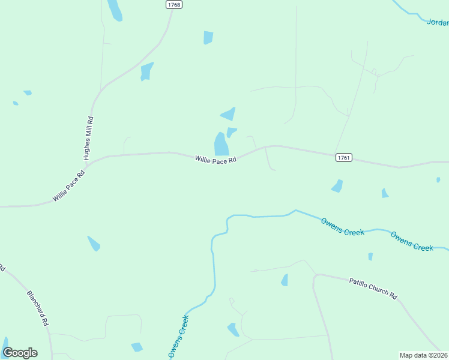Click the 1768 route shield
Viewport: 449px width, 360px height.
[173, 4]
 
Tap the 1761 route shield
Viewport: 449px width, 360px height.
[343, 157]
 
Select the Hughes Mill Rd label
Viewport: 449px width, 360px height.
[88, 137]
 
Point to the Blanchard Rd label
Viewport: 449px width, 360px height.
[37, 308]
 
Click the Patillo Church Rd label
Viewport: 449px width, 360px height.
[373, 288]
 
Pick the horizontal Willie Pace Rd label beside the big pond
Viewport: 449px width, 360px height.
[215, 160]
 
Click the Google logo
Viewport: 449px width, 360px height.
[20, 353]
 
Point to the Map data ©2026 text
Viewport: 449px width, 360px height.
[424, 355]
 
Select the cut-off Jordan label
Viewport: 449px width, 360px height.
[438, 23]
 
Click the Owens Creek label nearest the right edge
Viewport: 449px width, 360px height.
[412, 241]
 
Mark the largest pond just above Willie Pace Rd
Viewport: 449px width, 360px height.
[221, 144]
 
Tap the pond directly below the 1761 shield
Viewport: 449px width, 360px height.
[337, 186]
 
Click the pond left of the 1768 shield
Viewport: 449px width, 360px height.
[114, 10]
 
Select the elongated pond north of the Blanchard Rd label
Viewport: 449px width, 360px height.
[94, 244]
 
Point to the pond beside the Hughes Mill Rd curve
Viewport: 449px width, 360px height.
[146, 71]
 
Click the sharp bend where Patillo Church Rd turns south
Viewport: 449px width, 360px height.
[315, 277]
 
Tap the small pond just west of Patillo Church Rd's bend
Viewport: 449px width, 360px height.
[285, 280]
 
